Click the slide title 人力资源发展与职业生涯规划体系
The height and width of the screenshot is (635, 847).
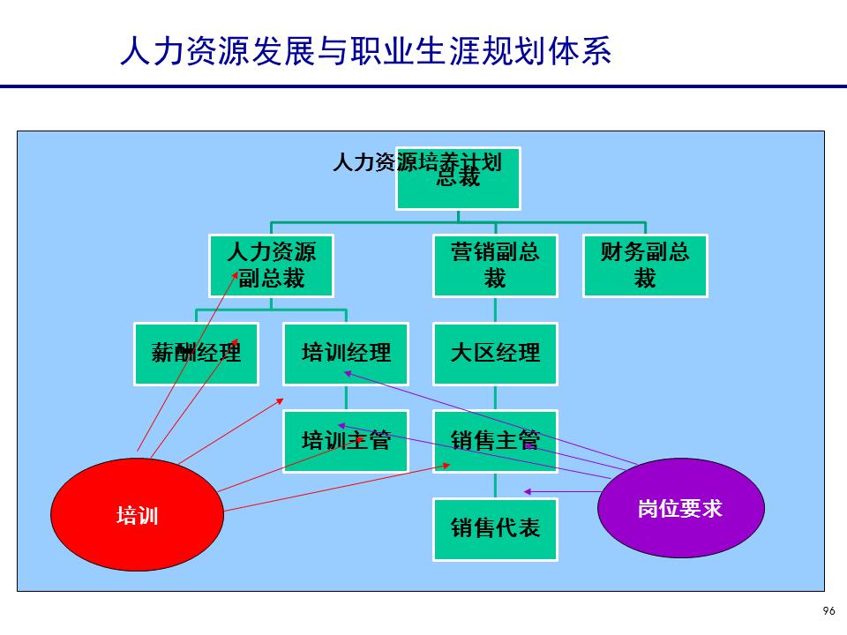pyautogui.click(x=365, y=51)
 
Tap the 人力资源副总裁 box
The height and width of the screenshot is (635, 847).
pyautogui.click(x=271, y=265)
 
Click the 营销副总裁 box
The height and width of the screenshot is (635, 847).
pyautogui.click(x=495, y=265)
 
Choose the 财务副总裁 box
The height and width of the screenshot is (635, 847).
pyautogui.click(x=645, y=265)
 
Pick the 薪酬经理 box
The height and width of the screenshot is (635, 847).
pyautogui.click(x=196, y=354)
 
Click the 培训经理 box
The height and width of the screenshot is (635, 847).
pyautogui.click(x=346, y=354)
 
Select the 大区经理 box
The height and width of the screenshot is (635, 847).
pyautogui.click(x=495, y=354)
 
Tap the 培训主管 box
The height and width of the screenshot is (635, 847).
pyautogui.click(x=346, y=441)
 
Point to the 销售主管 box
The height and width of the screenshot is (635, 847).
pyautogui.click(x=495, y=441)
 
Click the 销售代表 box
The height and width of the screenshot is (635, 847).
pyautogui.click(x=495, y=529)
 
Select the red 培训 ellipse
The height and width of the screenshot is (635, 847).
pyautogui.click(x=137, y=516)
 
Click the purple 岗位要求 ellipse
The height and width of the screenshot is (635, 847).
pyautogui.click(x=680, y=509)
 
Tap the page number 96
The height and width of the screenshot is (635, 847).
pyautogui.click(x=828, y=611)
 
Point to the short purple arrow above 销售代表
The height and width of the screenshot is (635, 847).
pyautogui.click(x=560, y=491)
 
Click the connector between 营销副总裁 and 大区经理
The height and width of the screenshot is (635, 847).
pyautogui.click(x=495, y=310)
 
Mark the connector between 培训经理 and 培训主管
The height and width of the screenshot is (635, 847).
pyautogui.click(x=346, y=398)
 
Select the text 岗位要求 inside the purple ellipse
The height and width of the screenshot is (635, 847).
pyautogui.click(x=680, y=509)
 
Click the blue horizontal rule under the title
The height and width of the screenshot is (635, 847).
pyautogui.click(x=423, y=86)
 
